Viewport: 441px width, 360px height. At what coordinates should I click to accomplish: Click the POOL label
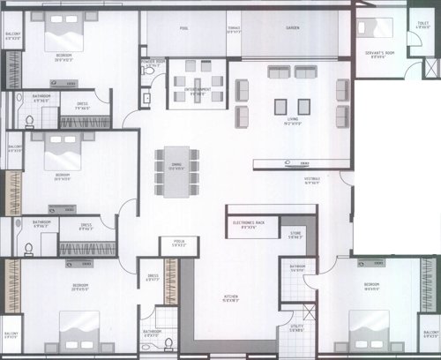pyautogui.click(x=184, y=28)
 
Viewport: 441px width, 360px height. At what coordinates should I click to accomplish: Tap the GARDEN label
pyautogui.click(x=292, y=28)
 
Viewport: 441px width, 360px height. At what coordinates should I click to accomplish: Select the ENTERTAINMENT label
pyautogui.click(x=198, y=90)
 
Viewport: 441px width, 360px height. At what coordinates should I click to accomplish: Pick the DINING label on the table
pyautogui.click(x=176, y=169)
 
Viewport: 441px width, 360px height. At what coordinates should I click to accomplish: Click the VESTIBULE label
pyautogui.click(x=312, y=178)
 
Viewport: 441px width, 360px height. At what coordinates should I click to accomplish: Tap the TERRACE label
pyautogui.click(x=233, y=28)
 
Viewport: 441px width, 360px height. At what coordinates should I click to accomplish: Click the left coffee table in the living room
pyautogui.click(x=281, y=107)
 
